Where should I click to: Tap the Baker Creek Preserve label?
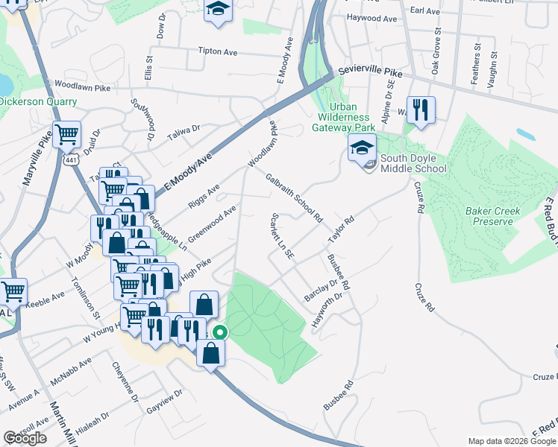coord(489,216)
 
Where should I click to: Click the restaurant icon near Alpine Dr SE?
coord(421,110)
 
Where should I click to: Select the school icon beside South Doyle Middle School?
coord(363,147)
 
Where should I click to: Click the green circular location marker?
coord(219,333)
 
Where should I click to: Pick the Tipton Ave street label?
coord(218,52)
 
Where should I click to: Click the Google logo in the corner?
coord(25,438)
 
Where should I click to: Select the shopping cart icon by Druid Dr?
coord(67,134)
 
